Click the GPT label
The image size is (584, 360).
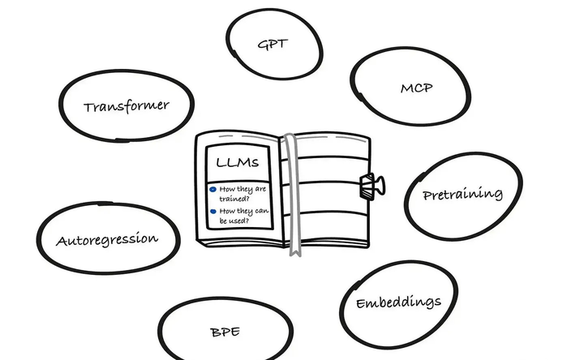273,44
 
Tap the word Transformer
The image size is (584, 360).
127,105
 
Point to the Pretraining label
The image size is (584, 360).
462,195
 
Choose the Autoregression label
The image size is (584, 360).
106,240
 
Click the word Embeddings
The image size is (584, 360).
398,303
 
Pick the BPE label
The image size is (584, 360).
225,332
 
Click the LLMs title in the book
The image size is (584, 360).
237,162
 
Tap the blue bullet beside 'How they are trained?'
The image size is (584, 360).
213,190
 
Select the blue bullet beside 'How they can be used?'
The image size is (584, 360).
213,212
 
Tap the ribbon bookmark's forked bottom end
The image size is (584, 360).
296,251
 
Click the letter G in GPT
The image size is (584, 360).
262,45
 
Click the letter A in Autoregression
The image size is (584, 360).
61,242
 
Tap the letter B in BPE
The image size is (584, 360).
214,332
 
